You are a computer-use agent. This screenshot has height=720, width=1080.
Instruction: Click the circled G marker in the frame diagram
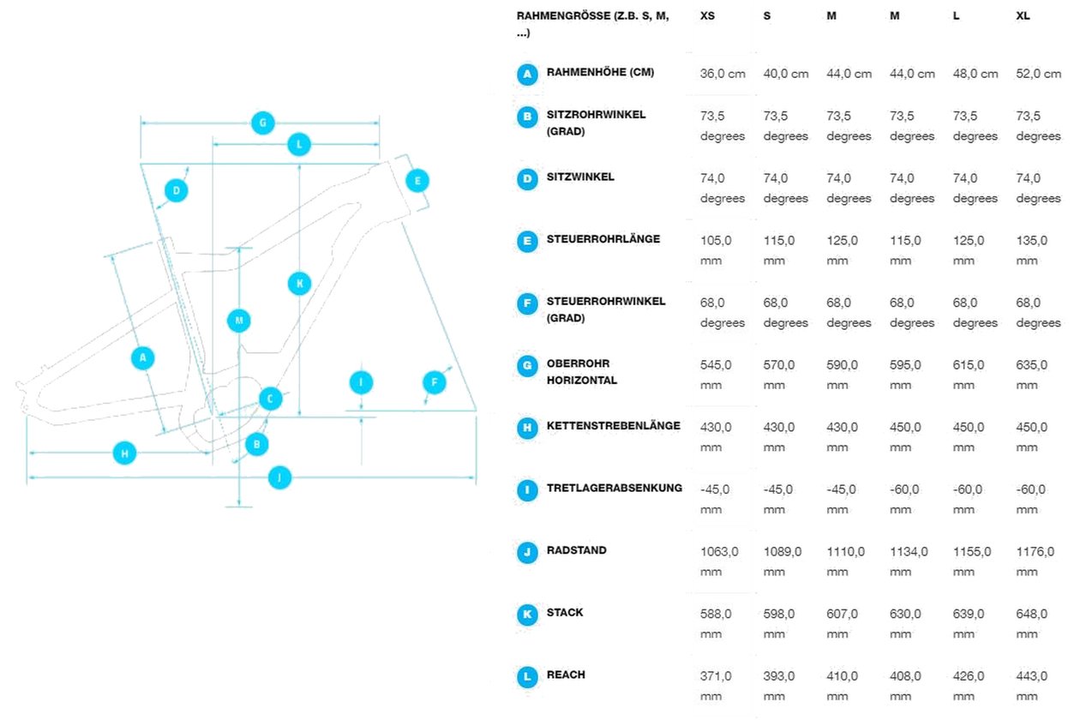tap(263, 123)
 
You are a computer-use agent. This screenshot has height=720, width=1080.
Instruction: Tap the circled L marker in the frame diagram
tap(299, 145)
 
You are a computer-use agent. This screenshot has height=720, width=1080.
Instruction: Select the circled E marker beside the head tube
tap(417, 181)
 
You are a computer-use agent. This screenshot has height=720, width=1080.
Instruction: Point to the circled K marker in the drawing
tap(299, 284)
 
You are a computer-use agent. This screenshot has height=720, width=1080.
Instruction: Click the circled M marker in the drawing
tap(238, 321)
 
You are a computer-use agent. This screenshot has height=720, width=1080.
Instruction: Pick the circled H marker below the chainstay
tap(124, 453)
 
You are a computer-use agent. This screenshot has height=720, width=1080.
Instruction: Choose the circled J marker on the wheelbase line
tap(279, 477)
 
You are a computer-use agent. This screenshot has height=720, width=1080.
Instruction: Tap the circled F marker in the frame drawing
tap(435, 382)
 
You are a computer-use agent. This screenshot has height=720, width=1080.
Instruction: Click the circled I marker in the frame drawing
tap(361, 382)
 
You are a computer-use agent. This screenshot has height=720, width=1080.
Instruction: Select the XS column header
tap(707, 16)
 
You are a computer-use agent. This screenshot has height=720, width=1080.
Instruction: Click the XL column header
tap(1023, 16)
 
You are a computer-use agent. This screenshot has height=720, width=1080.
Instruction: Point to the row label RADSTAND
tap(577, 550)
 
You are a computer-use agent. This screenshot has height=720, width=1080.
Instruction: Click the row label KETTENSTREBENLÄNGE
tap(614, 426)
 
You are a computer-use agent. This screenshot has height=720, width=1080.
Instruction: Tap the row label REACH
tap(566, 675)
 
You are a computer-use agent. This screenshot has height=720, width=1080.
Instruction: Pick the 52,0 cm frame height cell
tap(1039, 74)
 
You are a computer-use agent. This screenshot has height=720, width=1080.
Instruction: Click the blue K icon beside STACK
tap(527, 615)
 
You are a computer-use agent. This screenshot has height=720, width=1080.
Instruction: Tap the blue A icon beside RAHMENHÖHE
tap(527, 75)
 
